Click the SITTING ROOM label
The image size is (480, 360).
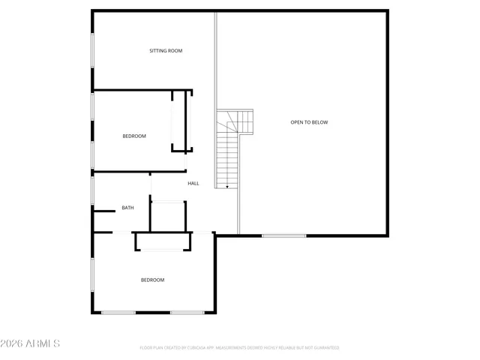166,51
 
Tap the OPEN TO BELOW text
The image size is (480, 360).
309,122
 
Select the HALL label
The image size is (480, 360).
193,183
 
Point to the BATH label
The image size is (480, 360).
128,208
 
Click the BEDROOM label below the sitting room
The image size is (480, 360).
134,136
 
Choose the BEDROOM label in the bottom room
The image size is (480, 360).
152,280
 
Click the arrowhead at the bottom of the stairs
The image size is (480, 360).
227,187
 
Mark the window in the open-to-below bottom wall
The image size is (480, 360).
283,236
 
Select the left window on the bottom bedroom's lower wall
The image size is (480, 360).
118,312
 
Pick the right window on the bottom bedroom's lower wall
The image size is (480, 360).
187,312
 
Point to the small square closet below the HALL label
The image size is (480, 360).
168,216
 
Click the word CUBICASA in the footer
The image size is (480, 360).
194,348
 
